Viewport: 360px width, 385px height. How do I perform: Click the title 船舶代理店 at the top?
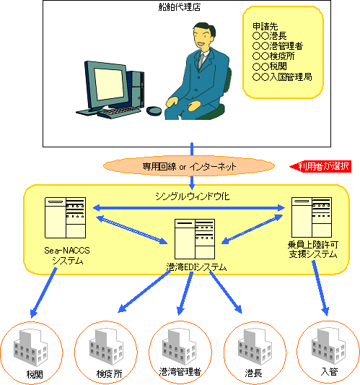click(x=180, y=7)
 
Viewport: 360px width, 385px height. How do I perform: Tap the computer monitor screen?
click(x=109, y=84)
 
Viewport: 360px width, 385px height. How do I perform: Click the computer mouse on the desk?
click(x=154, y=111)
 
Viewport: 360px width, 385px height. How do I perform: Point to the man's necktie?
click(x=201, y=61)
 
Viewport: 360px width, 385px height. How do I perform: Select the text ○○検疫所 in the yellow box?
click(x=273, y=56)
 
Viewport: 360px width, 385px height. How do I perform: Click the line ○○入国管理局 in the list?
click(x=282, y=77)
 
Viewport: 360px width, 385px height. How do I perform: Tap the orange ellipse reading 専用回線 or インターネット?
click(x=189, y=166)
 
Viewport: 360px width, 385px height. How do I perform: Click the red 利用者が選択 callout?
click(x=321, y=166)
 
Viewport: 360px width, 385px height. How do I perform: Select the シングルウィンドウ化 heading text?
click(x=193, y=196)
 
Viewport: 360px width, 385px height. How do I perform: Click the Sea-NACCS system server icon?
click(x=65, y=218)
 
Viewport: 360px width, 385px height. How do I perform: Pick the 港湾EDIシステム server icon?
click(x=195, y=239)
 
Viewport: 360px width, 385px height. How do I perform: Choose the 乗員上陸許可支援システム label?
click(x=313, y=249)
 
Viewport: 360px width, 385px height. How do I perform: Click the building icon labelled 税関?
click(x=30, y=347)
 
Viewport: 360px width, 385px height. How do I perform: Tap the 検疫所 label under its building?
click(x=109, y=374)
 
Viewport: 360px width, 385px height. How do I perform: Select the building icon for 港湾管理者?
click(x=179, y=347)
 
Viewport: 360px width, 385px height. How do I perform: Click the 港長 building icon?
click(x=255, y=347)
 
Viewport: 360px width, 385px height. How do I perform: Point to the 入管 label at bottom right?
click(x=329, y=371)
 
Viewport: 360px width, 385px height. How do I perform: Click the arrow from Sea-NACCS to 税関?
click(x=43, y=293)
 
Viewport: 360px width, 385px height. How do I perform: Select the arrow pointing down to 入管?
click(x=320, y=288)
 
